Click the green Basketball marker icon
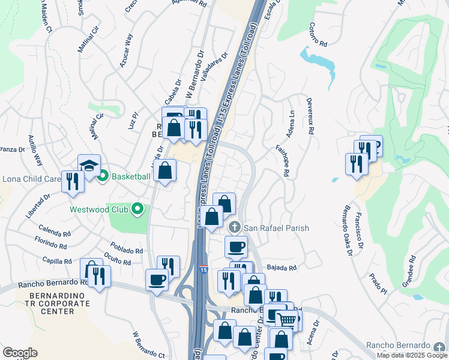pyautogui.click(x=102, y=176)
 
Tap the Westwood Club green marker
pyautogui.click(x=137, y=209)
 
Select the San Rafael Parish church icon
pyautogui.click(x=235, y=227)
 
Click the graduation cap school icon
pyautogui.click(x=89, y=166)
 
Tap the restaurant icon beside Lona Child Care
pyautogui.click(x=73, y=181)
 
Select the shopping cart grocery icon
pyautogui.click(x=287, y=320)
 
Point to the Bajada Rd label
pyautogui.click(x=282, y=268)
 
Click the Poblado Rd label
pyautogui.click(x=126, y=248)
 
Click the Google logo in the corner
pyautogui.click(x=19, y=352)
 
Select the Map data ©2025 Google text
pyautogui.click(x=411, y=355)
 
